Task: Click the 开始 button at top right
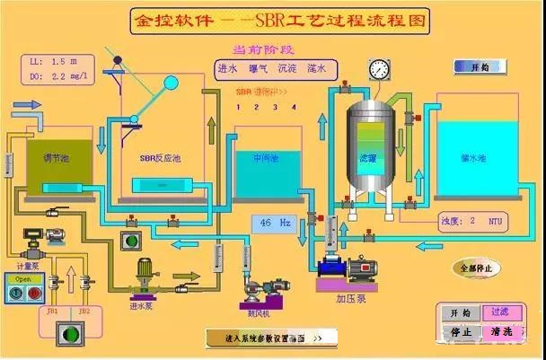point(480,66)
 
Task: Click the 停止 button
point(461,330)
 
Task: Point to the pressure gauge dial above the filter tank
point(381,68)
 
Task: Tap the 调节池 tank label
point(56,156)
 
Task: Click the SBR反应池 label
point(160,158)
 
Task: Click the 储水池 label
point(472,158)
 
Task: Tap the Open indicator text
point(24,277)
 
